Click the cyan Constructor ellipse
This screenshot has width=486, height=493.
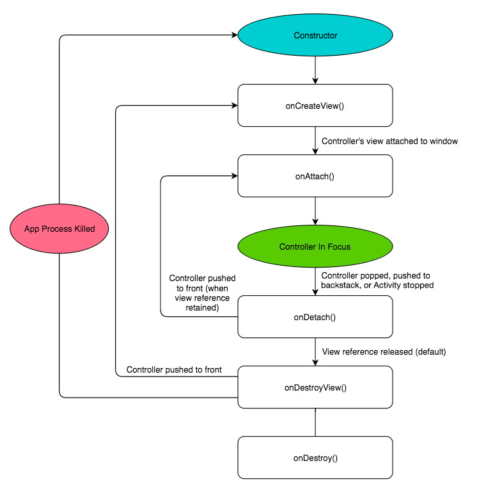315,35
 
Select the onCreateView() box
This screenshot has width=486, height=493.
315,106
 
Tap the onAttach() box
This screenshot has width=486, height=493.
315,175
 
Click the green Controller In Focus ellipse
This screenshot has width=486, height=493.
315,247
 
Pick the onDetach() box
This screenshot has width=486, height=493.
315,316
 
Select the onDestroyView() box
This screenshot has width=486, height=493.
315,387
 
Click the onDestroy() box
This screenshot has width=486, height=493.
315,458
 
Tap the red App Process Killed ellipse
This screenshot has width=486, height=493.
59,229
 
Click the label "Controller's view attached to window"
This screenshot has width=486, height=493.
389,141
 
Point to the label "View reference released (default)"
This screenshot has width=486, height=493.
384,352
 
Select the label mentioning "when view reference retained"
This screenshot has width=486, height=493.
202,293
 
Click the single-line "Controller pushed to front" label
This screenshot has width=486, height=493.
174,369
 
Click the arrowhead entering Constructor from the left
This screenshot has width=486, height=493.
233,35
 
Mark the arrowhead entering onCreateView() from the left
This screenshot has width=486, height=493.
233,106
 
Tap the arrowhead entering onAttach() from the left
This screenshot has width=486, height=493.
233,176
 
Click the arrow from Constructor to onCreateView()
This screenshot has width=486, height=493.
315,69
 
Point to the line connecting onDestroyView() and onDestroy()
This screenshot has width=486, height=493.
315,423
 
